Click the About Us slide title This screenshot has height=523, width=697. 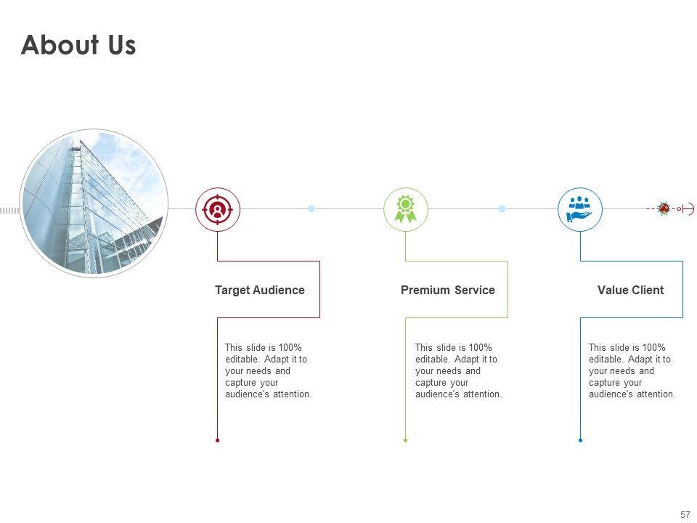click(x=78, y=45)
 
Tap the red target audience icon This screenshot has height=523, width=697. click(x=217, y=209)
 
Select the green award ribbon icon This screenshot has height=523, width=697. click(x=405, y=209)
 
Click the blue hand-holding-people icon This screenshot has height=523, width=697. click(x=580, y=209)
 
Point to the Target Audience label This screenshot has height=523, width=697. click(x=260, y=291)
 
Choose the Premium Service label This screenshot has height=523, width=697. click(x=447, y=291)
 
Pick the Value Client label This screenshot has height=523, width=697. click(x=630, y=291)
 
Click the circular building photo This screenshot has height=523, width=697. click(x=94, y=204)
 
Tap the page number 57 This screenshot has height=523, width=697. click(x=685, y=514)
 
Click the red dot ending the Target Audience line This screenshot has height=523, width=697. click(x=217, y=440)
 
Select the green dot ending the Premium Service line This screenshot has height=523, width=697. click(x=405, y=440)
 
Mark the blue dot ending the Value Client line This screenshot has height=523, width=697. click(x=580, y=440)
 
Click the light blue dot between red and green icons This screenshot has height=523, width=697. click(x=311, y=209)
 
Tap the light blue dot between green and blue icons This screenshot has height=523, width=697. click(x=502, y=209)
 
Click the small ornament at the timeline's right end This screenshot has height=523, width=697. click(x=664, y=208)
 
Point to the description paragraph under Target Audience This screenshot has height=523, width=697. click(x=268, y=371)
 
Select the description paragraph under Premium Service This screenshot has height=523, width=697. click(x=458, y=371)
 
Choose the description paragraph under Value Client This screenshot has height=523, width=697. click(x=632, y=371)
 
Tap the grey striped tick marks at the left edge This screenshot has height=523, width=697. click(x=9, y=210)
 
